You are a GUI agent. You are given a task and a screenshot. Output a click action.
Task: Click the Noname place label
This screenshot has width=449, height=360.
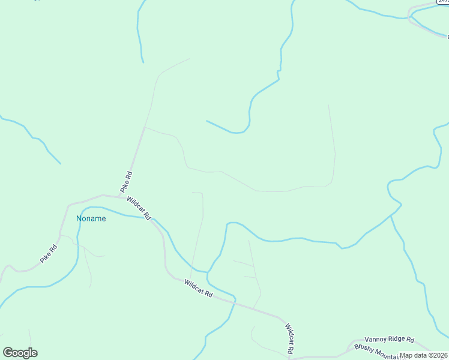tap(91, 218)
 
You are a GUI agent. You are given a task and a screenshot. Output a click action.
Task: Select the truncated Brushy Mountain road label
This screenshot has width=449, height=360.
tap(376, 350)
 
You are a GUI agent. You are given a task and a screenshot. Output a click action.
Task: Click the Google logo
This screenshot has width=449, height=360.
tap(20, 353)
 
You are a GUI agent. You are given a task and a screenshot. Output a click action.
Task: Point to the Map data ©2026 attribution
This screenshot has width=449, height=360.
tap(424, 355)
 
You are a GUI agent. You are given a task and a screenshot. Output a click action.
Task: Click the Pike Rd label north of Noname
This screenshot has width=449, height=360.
tap(126, 182)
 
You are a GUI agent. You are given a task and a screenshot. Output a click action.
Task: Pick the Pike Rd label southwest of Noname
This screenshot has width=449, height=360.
tap(49, 254)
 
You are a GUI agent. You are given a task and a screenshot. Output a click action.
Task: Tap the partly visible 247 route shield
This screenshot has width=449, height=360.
tap(443, 2)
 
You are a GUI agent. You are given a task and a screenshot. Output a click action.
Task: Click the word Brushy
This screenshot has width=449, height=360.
tap(364, 348)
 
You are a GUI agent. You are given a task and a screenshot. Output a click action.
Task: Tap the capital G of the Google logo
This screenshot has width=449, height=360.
tap(8, 353)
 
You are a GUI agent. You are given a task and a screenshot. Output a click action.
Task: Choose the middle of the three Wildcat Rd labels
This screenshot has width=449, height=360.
tap(199, 289)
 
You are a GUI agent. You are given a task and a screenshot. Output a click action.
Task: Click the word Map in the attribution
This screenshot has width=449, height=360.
tap(406, 355)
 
